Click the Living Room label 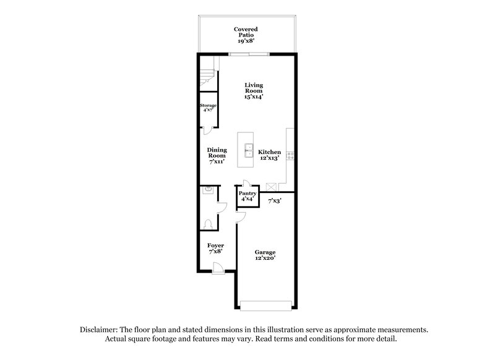coord(253,91)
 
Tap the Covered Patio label coord(246,33)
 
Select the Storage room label coord(208,108)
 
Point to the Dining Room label coord(217,155)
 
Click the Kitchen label coord(270,155)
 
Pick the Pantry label coord(247,196)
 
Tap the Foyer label coord(215,249)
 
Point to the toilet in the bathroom coord(209,224)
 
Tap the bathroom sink coord(208,191)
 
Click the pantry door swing coord(246,184)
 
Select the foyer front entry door coord(217,268)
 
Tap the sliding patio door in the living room coord(249,55)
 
